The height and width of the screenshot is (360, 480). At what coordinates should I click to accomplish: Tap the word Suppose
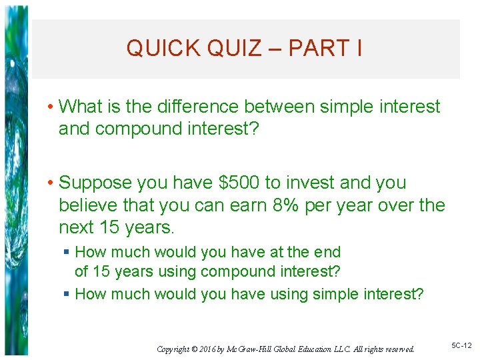click(x=97, y=183)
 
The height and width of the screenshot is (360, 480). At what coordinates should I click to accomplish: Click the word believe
click(x=89, y=205)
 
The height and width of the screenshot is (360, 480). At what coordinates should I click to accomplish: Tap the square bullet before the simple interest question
click(x=67, y=294)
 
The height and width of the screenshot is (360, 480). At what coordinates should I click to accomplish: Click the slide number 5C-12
click(x=461, y=345)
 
